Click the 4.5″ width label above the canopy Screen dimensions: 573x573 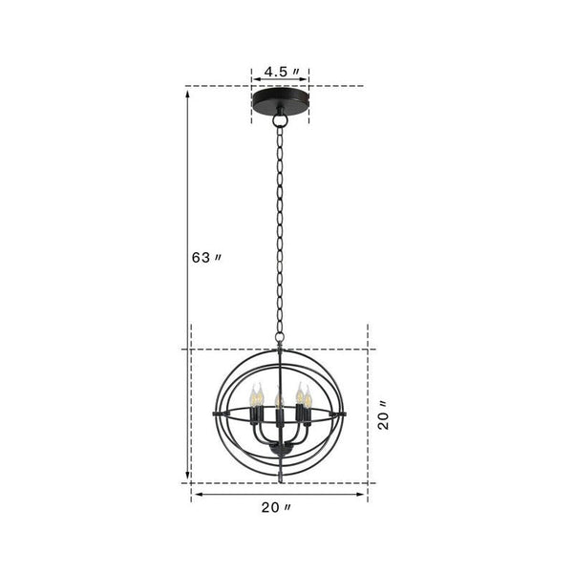282,72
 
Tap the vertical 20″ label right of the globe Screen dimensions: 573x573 383,416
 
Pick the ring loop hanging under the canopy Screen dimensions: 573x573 280,121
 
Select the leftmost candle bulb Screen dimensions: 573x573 256,396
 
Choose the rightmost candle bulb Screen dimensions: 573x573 307,396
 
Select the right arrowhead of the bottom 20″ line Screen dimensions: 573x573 365,496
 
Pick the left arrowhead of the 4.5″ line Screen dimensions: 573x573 255,72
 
